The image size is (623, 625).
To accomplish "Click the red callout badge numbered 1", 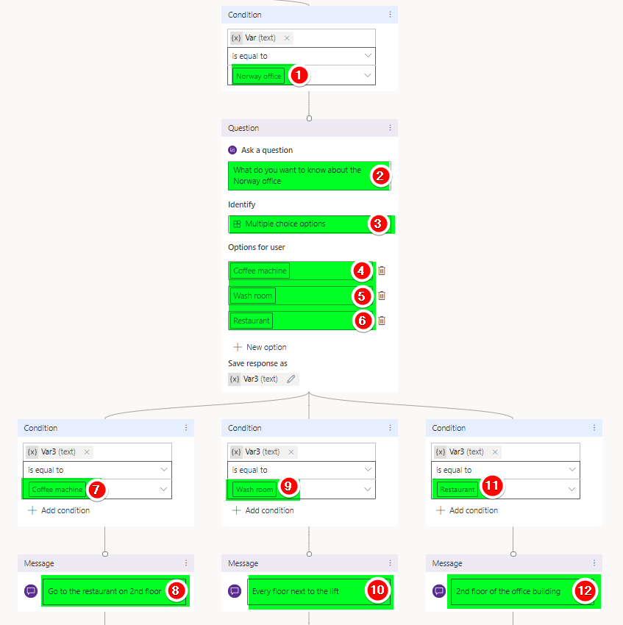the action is [299, 75].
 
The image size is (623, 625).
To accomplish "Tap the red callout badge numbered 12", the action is [585, 590].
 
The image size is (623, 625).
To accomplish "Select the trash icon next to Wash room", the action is [382, 296].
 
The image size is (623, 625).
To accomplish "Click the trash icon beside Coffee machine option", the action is [382, 271].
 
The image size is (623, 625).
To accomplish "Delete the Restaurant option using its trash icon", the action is [382, 321].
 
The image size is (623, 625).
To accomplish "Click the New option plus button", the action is [238, 347].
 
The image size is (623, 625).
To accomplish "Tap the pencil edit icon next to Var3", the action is [291, 379].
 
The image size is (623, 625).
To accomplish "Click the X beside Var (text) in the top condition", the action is [287, 37].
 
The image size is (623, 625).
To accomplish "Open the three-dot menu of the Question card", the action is [390, 128].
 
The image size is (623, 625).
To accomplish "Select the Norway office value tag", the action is [258, 76].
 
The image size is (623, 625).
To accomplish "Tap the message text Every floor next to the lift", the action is [296, 591].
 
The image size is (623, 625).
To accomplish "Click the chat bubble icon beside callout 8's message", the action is [31, 590].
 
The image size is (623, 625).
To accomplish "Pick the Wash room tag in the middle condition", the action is [254, 489].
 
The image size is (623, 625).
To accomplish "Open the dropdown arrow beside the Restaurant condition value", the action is [572, 489].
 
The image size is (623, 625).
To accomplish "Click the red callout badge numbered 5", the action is [361, 296].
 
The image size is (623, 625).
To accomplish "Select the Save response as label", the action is [257, 363].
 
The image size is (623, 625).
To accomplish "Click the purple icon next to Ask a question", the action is [232, 150].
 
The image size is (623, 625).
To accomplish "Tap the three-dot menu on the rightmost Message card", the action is [594, 562].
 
